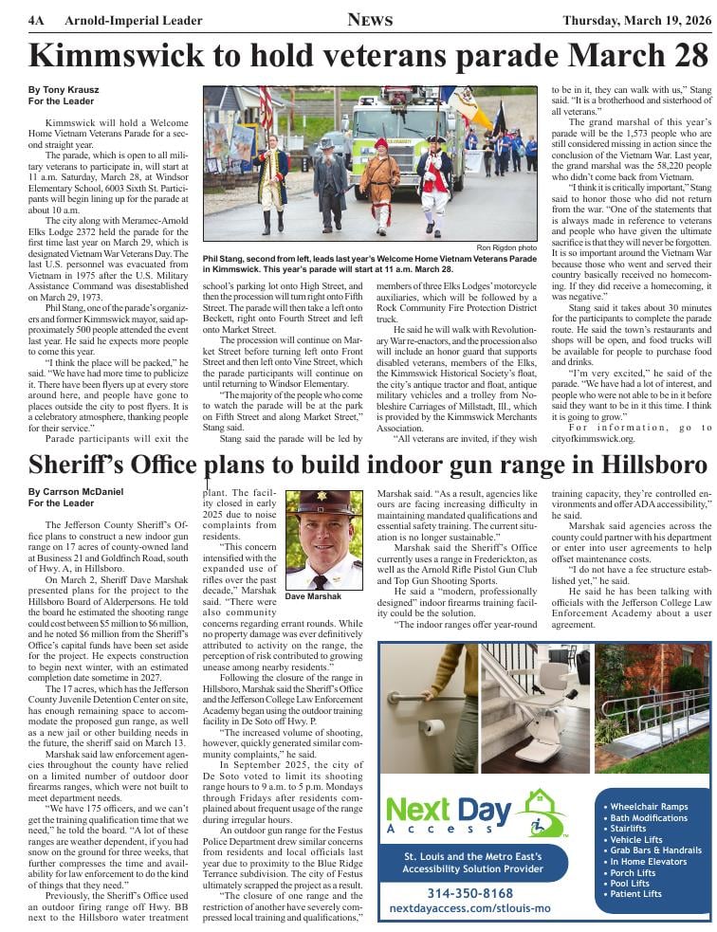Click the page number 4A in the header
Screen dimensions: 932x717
coord(36,20)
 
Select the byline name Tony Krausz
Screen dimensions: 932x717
coord(64,89)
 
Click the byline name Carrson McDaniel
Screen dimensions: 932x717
coord(76,492)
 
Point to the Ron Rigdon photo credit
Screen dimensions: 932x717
coord(506,248)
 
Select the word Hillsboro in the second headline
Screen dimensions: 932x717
coord(642,466)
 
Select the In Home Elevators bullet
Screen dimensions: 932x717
coord(653,862)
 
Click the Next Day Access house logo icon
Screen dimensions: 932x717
coord(542,813)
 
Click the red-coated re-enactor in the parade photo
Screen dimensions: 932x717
coord(433,186)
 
